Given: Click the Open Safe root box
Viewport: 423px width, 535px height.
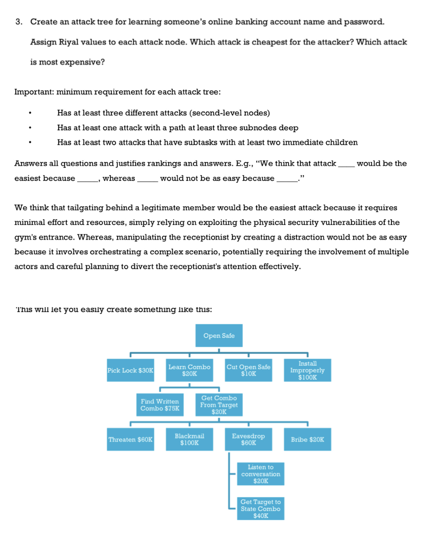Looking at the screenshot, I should (x=219, y=336).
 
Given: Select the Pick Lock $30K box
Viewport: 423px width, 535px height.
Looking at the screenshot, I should (x=130, y=370).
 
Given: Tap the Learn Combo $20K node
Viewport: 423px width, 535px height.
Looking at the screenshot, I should (x=189, y=370).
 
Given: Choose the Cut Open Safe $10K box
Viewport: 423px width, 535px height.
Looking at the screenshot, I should (x=248, y=370).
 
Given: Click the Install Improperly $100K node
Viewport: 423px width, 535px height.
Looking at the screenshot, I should (x=307, y=370).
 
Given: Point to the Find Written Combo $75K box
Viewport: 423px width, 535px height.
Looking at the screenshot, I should (x=160, y=405).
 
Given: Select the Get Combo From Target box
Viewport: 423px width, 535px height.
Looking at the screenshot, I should (x=219, y=405).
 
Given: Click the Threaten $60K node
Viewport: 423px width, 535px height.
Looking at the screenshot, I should (x=130, y=439).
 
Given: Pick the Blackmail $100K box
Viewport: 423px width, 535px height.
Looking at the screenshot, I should (x=189, y=439).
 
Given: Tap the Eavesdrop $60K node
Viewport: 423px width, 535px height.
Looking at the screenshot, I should (x=248, y=439).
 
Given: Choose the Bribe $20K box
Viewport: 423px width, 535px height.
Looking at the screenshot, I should (x=307, y=439).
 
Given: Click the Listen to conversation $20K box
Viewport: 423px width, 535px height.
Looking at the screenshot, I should (x=261, y=474).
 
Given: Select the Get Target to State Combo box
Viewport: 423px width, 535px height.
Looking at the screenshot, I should (x=261, y=509).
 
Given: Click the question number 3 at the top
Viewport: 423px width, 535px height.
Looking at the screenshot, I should (x=19, y=22).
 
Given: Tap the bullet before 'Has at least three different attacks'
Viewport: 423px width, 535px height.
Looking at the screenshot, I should (x=30, y=113).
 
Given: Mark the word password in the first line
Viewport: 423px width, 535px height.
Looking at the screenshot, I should (x=363, y=22).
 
